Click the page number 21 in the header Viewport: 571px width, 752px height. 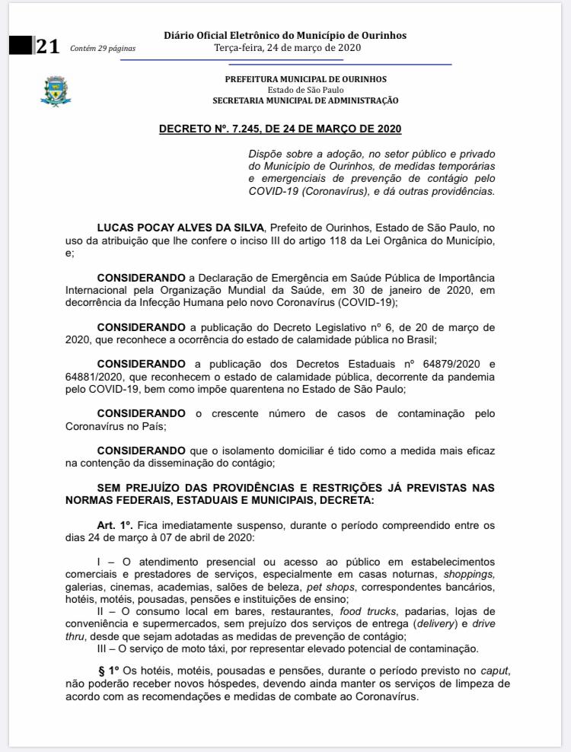(x=47, y=46)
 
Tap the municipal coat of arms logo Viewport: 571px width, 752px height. (x=55, y=91)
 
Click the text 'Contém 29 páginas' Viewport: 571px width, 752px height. (x=102, y=49)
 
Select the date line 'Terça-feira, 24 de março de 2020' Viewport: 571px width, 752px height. (x=287, y=46)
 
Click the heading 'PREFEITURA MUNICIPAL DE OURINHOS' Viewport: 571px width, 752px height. (x=305, y=79)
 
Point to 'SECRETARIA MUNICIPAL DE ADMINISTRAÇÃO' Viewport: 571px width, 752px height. (x=305, y=100)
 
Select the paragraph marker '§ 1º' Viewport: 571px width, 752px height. (x=110, y=670)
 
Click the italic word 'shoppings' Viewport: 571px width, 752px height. (x=469, y=574)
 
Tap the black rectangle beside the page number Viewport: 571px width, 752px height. (x=21, y=45)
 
